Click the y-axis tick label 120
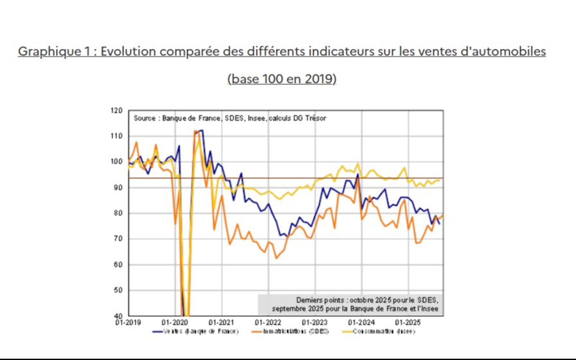[x=116, y=111]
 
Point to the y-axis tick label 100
[x=116, y=162]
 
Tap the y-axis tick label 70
[x=118, y=239]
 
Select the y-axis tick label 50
[x=118, y=291]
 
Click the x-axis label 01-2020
[x=175, y=321]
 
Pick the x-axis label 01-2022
[x=268, y=321]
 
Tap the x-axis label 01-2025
[x=407, y=321]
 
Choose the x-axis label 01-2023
[x=314, y=321]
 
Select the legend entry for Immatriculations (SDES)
[x=296, y=332]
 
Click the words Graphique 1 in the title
[x=54, y=51]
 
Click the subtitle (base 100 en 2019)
[x=282, y=79]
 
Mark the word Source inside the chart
[x=145, y=118]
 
